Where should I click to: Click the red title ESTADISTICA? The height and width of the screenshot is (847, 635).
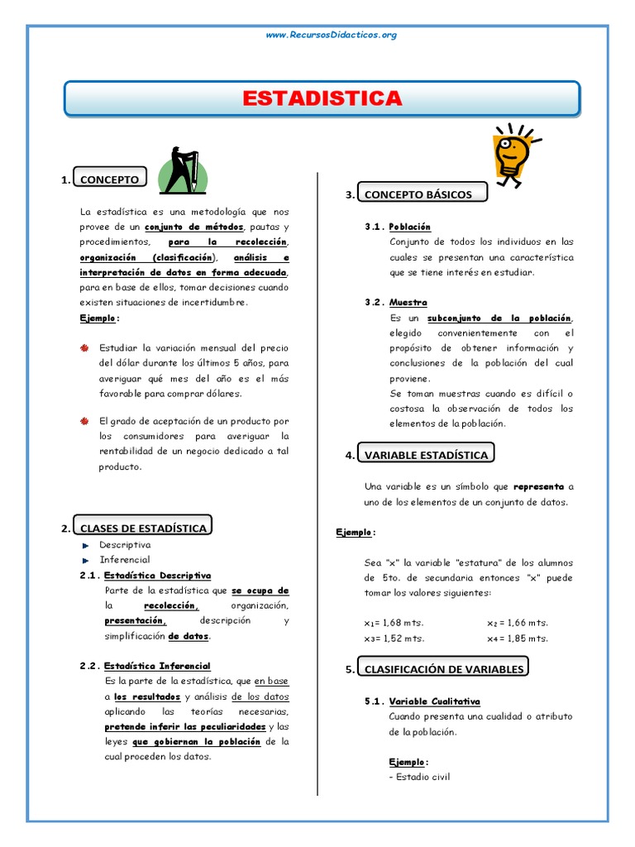[322, 98]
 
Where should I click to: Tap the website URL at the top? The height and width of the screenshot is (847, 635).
[331, 35]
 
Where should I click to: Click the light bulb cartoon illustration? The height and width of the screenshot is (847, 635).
[510, 154]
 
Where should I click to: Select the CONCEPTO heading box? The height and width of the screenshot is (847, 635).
[107, 179]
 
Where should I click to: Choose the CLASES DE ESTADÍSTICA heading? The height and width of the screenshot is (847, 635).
[143, 528]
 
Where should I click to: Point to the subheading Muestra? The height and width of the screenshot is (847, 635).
[408, 303]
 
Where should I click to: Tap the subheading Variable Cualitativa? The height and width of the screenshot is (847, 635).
[434, 701]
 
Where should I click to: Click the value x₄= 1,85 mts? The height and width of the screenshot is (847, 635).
[518, 639]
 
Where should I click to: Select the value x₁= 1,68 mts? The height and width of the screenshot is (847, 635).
[394, 623]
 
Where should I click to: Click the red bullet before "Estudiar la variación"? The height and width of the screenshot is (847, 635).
[84, 347]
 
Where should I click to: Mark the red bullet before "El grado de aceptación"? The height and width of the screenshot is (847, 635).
[84, 421]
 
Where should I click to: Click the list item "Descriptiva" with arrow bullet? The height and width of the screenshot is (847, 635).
[125, 545]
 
